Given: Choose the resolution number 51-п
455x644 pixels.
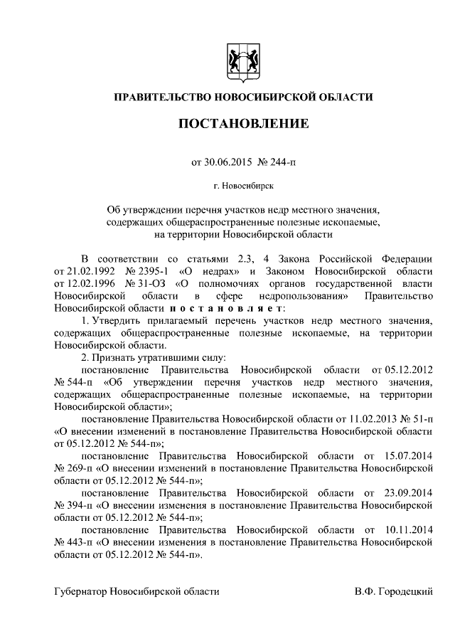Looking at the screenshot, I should tap(419, 419).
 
